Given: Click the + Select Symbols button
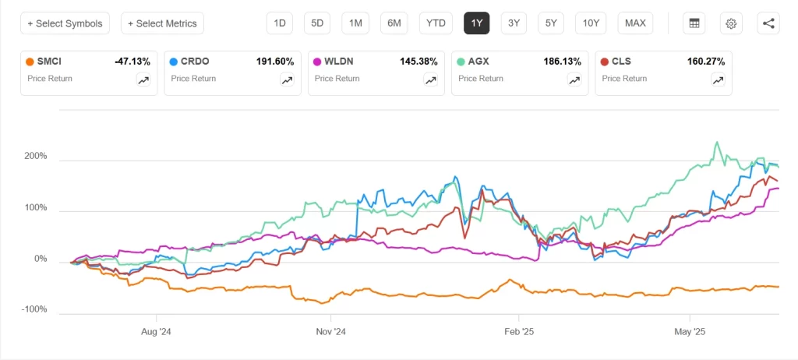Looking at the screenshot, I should [x=65, y=23].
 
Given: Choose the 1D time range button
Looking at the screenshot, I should [x=279, y=23].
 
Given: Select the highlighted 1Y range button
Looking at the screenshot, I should [x=476, y=23].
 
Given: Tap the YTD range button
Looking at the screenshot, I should [x=436, y=23].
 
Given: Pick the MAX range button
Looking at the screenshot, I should [x=635, y=23].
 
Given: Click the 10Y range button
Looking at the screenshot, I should [x=591, y=23].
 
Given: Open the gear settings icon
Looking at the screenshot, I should [x=731, y=23].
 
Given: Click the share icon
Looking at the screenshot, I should [x=768, y=23].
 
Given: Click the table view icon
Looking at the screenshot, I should [x=693, y=23].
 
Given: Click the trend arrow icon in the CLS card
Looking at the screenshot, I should [x=717, y=79].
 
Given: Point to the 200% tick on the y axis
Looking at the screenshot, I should [x=36, y=157].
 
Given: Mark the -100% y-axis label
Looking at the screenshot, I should [x=34, y=310].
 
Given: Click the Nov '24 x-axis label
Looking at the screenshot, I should [x=330, y=330].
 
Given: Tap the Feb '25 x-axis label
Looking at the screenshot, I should [x=517, y=330].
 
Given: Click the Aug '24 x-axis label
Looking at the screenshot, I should [x=157, y=330].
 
